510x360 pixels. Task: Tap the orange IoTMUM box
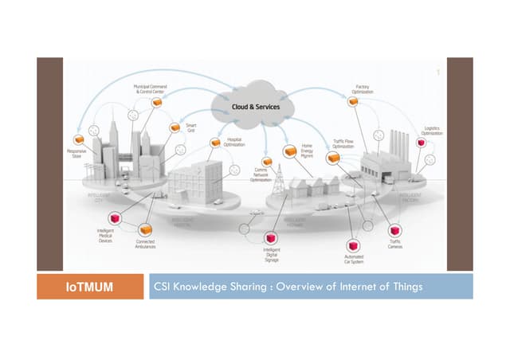pyautogui.click(x=88, y=286)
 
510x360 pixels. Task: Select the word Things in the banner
pyautogui.click(x=403, y=286)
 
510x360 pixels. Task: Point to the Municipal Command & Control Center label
pyautogui.click(x=149, y=89)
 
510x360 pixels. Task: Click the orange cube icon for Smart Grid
pyautogui.click(x=175, y=127)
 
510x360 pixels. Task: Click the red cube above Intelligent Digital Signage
pyautogui.click(x=271, y=237)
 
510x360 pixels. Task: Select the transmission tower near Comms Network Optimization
pyautogui.click(x=279, y=185)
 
